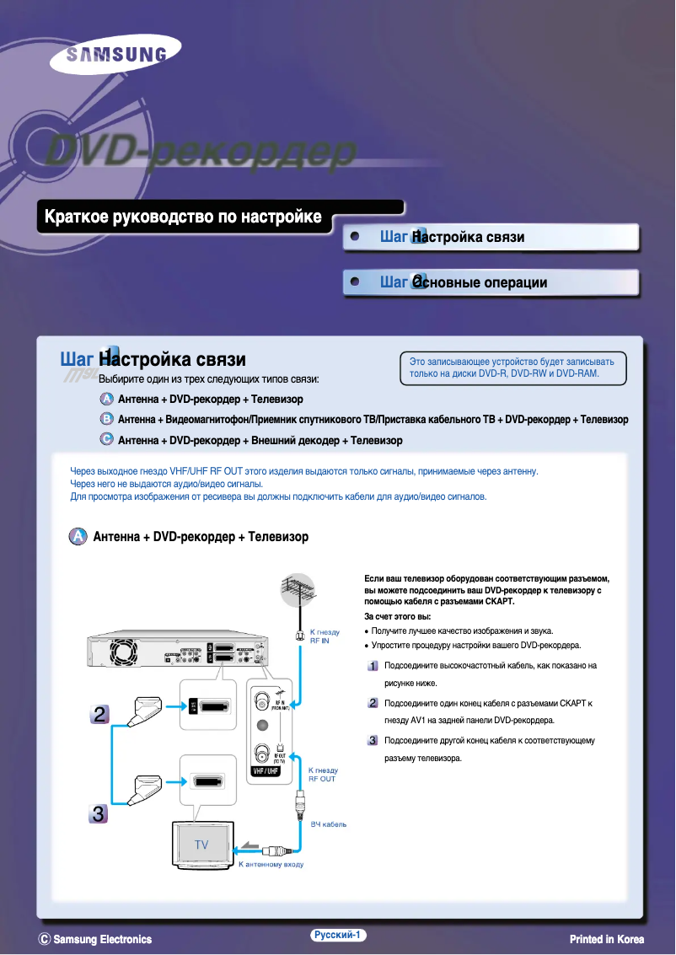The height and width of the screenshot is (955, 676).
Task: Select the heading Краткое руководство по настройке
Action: pos(183,217)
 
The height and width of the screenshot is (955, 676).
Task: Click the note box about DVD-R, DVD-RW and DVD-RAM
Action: pos(512,368)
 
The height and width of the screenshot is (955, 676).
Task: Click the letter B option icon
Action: pos(107,419)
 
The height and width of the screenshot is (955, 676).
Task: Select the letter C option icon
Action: pos(107,439)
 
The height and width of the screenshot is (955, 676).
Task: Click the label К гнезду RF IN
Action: pos(325,636)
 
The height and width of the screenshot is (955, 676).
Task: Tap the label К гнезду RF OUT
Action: pos(323,775)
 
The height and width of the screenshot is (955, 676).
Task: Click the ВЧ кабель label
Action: pos(328,824)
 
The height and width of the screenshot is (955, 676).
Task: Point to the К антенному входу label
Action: pos(271,864)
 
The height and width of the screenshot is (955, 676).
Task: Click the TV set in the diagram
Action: pos(201,845)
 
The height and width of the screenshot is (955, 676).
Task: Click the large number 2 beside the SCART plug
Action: pos(99,715)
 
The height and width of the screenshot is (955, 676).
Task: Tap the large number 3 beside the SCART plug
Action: pos(99,814)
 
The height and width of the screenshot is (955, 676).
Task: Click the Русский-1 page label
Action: pos(336,935)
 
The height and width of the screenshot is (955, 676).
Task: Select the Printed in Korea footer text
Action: pos(606,939)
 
